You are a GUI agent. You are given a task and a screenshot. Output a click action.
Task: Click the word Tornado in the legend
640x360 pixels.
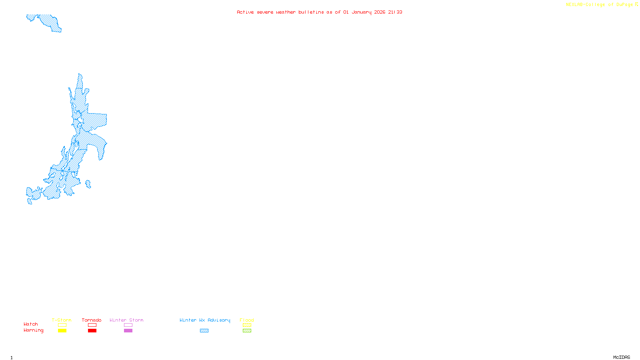92,320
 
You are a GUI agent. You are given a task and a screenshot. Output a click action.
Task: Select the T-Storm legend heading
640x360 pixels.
62,320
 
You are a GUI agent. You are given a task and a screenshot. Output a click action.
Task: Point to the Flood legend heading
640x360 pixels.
247,320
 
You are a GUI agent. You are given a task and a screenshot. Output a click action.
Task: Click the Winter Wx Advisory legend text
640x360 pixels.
205,320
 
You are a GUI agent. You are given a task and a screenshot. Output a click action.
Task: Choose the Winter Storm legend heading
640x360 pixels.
126,320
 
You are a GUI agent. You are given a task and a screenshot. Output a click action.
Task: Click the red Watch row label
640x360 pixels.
31,324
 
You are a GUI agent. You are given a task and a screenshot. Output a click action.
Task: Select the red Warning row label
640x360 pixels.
33,330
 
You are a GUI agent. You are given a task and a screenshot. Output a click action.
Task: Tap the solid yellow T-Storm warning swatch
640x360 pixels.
62,331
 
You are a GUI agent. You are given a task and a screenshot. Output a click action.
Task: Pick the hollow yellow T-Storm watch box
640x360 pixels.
62,325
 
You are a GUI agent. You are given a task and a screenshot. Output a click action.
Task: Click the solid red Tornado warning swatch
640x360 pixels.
92,331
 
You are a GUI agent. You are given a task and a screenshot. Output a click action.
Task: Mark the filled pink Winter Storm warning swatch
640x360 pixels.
128,331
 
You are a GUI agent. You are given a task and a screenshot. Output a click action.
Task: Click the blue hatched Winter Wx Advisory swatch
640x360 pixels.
204,331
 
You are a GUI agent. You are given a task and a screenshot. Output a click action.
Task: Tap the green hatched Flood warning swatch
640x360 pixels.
247,331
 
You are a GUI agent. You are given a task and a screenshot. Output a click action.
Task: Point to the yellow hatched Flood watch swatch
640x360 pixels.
247,325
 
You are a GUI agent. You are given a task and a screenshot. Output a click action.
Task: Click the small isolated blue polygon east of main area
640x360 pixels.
88,184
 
